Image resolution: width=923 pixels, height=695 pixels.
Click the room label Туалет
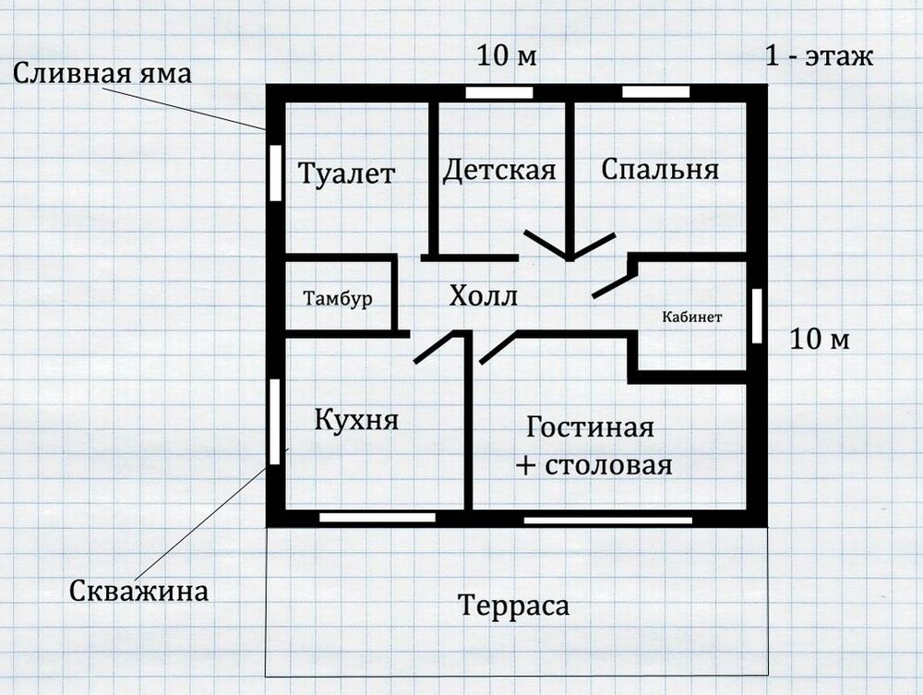(346, 174)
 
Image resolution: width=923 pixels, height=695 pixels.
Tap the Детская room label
(499, 170)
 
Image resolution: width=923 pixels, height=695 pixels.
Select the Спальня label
(660, 169)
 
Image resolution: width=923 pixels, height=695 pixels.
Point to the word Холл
(484, 296)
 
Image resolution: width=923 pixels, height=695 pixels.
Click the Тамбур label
(338, 298)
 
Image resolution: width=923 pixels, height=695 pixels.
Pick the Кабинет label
(691, 318)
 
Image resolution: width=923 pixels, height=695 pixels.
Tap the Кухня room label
(356, 420)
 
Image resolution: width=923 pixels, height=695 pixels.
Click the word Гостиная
(590, 426)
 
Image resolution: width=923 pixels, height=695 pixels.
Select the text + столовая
(593, 465)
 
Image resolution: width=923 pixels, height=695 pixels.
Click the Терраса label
(514, 605)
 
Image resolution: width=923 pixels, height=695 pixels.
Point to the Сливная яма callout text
(102, 74)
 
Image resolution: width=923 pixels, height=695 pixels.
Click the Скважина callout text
(139, 591)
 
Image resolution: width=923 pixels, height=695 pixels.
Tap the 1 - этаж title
(819, 56)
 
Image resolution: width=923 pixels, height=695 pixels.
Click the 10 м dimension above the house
(507, 56)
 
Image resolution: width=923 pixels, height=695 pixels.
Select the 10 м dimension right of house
(820, 340)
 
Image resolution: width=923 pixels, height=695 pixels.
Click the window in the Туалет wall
(275, 173)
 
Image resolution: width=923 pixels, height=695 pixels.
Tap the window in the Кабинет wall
(758, 316)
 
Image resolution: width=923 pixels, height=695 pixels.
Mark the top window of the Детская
(499, 93)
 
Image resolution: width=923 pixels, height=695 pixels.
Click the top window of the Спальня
(655, 91)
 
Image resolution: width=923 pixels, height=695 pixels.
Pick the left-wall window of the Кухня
(275, 422)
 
